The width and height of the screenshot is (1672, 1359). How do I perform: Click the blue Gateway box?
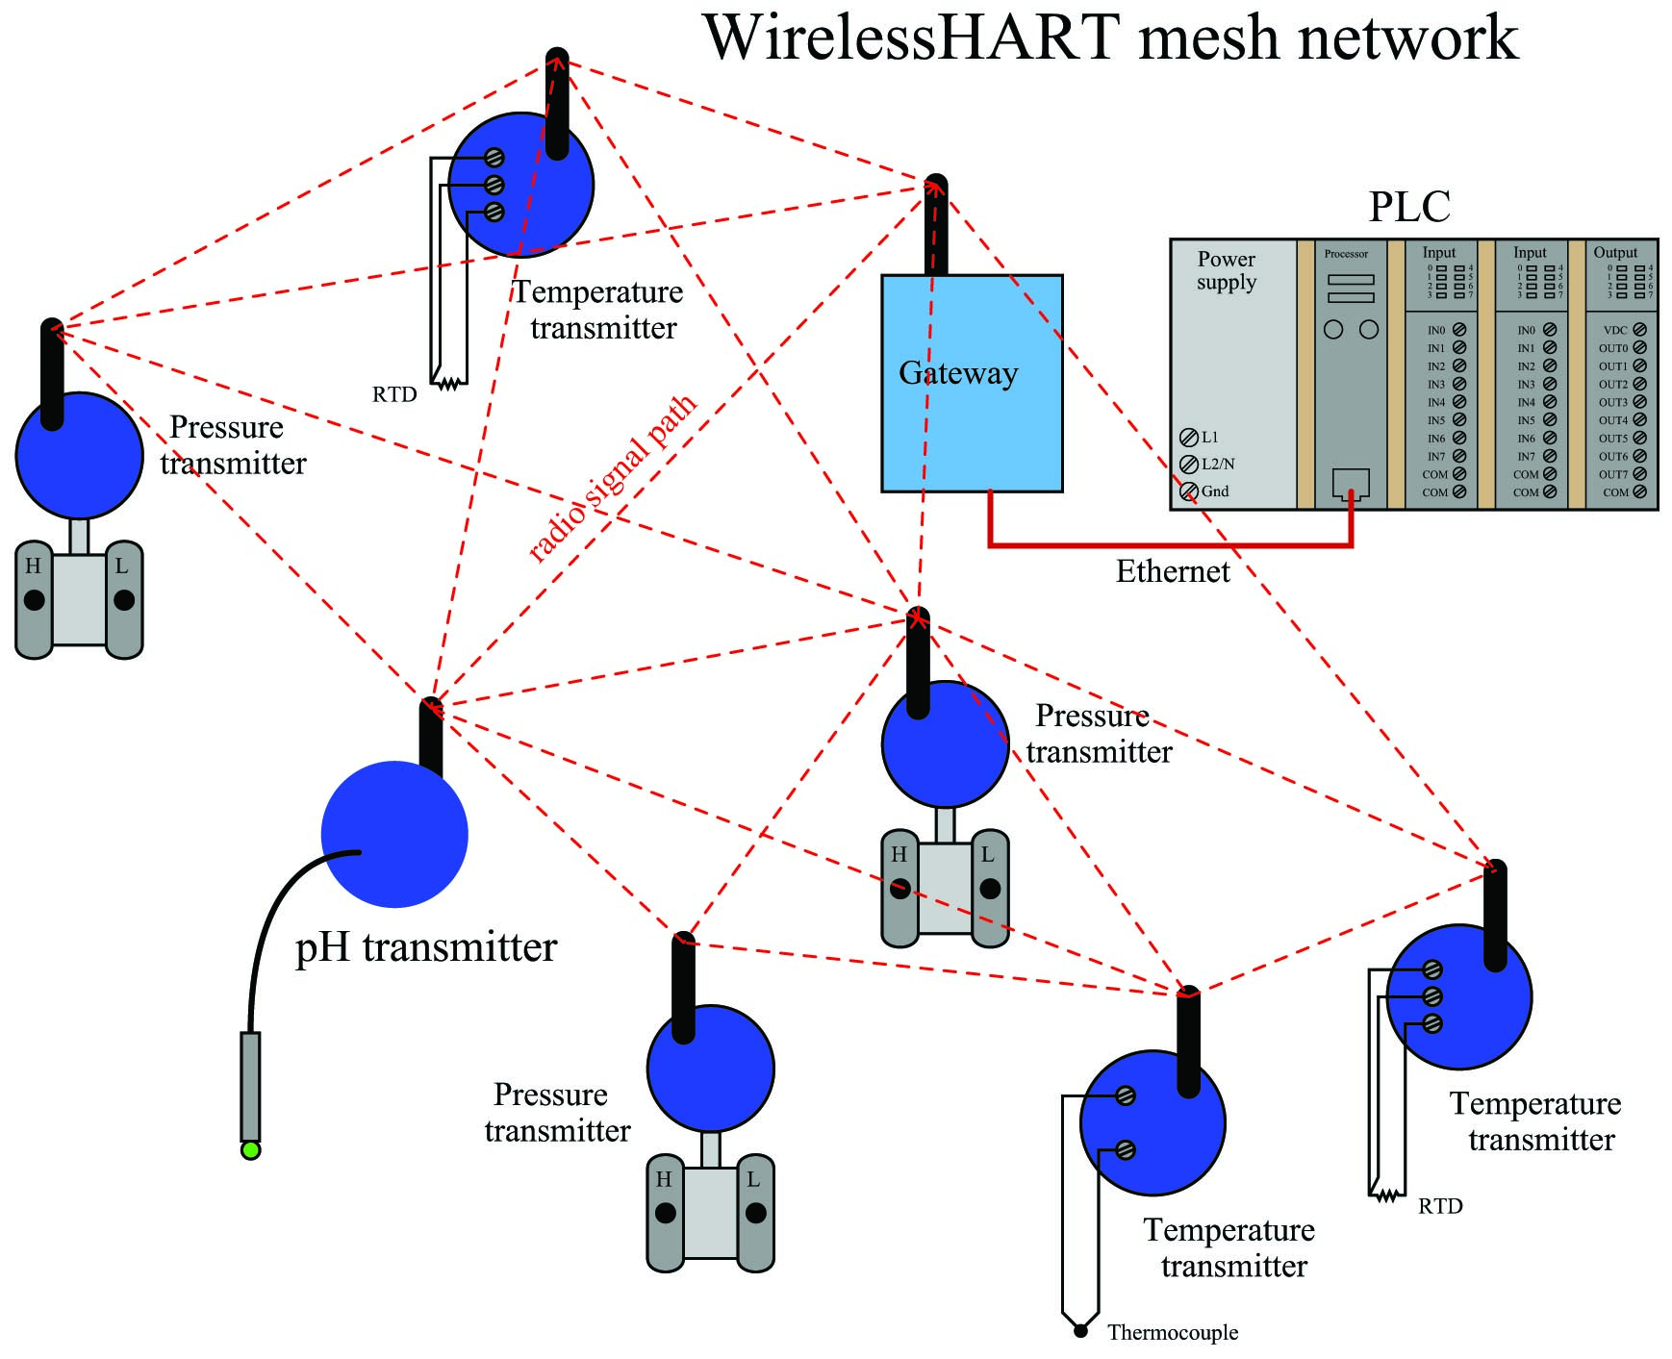coord(972,383)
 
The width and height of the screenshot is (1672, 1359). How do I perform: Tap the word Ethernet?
coord(1173,571)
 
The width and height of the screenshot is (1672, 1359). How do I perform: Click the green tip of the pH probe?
coord(250,1150)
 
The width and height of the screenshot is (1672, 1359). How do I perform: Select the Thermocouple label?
coord(1173,1332)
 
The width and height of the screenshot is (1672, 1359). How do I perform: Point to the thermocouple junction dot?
coord(1080,1331)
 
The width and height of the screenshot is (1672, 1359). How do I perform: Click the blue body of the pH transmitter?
coord(394,834)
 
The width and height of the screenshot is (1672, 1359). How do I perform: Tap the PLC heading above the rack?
coord(1409,207)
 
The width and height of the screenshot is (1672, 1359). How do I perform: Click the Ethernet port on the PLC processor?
coord(1351,484)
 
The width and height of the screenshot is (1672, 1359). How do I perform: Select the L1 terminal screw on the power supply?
coord(1189,437)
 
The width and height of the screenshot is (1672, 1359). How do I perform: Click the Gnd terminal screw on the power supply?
coord(1189,491)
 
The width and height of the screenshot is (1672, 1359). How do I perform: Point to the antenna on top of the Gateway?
coord(935,225)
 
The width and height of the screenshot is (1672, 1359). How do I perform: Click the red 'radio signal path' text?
coord(613,478)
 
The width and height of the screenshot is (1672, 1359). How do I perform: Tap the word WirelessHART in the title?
coord(912,38)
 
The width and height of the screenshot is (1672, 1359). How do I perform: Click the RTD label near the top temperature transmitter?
coord(394,394)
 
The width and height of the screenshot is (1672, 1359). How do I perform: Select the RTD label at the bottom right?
coord(1440,1206)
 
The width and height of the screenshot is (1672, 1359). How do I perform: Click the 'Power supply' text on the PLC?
coord(1227,270)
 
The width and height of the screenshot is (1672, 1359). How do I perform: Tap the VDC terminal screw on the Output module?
coord(1639,330)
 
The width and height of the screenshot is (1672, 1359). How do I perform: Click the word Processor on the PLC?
coord(1346,254)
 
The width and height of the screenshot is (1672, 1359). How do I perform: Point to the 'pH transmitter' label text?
coord(426,948)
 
